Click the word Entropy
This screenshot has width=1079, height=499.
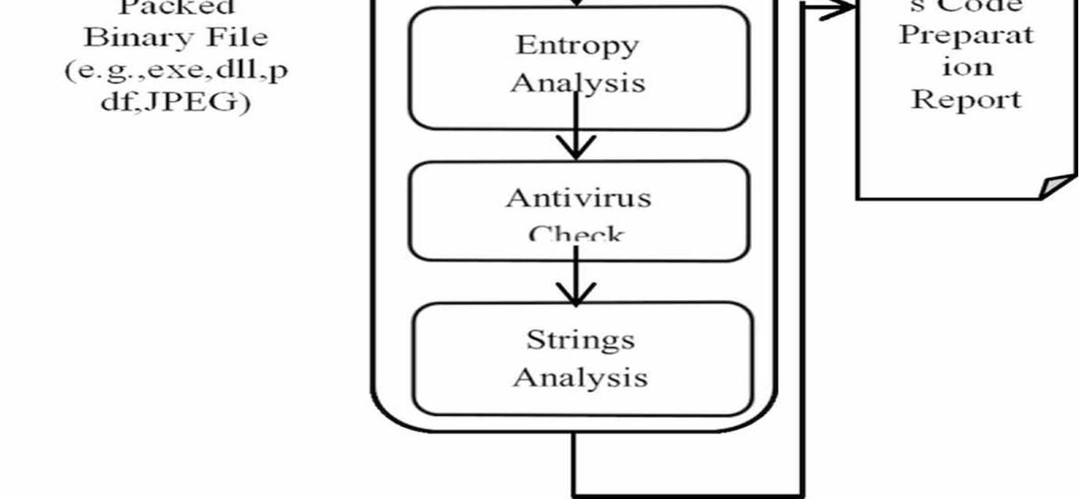point(577,45)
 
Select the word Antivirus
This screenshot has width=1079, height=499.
point(578,198)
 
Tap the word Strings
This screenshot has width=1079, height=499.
point(580,340)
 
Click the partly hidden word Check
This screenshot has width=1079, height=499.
point(576,234)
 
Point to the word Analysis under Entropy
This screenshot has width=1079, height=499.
point(578,82)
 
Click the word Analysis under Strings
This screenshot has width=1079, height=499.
point(580,378)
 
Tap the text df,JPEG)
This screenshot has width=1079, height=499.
point(176,102)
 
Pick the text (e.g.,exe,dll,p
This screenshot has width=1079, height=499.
point(176,70)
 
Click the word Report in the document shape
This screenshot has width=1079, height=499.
point(966,99)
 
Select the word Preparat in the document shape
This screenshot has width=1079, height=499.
point(966,36)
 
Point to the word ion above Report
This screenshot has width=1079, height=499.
point(967,67)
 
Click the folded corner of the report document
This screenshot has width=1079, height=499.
point(1057,186)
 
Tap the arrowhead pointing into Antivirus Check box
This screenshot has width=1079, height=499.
point(576,149)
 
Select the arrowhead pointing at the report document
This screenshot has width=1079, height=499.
point(841,9)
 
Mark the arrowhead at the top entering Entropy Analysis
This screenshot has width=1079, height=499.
point(576,3)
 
